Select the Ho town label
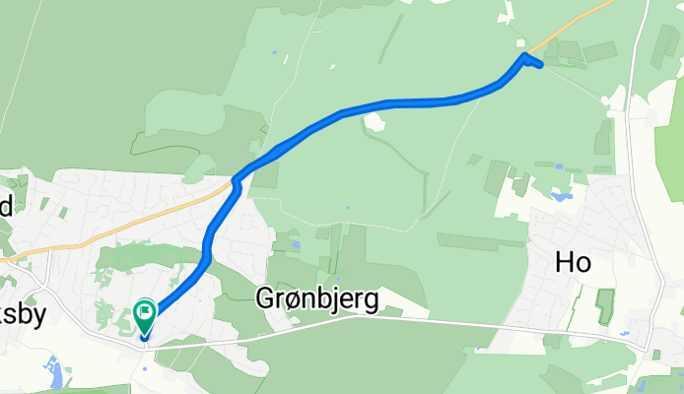pyautogui.click(x=574, y=262)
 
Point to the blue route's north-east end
pyautogui.click(x=540, y=65)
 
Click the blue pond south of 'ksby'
pyautogui.click(x=56, y=374)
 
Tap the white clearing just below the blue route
pyautogui.click(x=375, y=122)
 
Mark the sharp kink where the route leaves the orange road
pyautogui.click(x=237, y=180)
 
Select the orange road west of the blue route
pyautogui.click(x=118, y=223)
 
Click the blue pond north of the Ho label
pyautogui.click(x=563, y=196)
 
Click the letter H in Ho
pyautogui.click(x=565, y=262)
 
